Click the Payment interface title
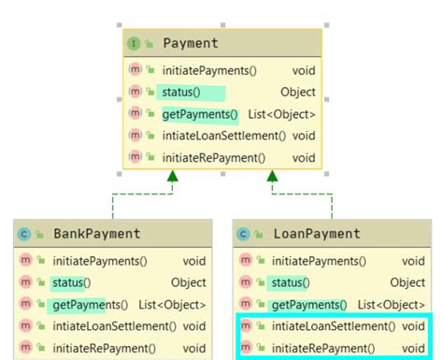[190, 43]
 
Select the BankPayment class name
[97, 234]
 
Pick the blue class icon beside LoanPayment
[245, 234]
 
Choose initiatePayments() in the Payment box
[208, 71]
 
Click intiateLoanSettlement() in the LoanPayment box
[331, 327]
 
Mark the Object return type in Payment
[297, 93]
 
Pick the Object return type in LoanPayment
[407, 282]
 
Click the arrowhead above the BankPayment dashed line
[172, 176]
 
